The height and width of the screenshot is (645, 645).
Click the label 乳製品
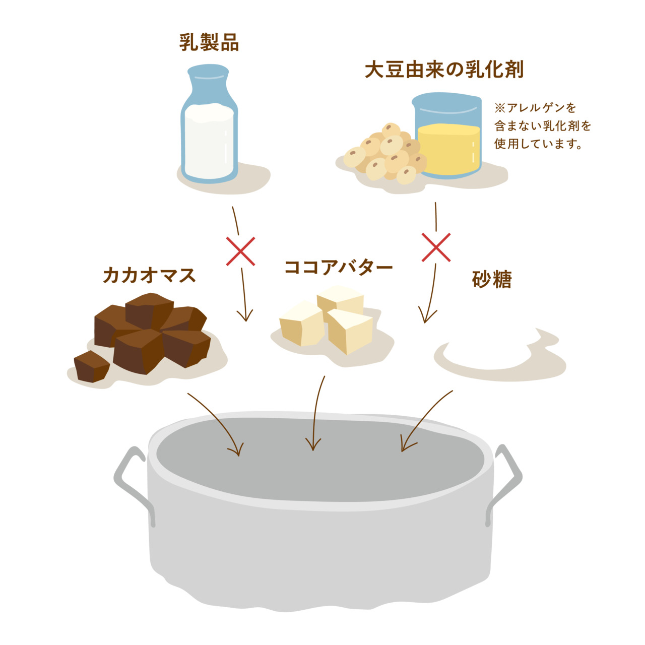point(209,43)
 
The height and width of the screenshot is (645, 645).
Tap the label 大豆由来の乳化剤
point(444,70)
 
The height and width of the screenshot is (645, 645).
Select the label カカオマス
point(149,276)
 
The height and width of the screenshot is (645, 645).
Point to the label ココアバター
point(338,267)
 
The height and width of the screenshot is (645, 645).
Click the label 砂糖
point(492,280)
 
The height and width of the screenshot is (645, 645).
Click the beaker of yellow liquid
point(448,139)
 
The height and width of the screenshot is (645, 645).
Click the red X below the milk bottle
point(240,250)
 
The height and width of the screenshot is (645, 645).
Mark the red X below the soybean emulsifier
point(436,247)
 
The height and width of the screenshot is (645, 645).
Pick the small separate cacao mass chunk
point(91,367)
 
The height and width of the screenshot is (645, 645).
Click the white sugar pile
point(489,348)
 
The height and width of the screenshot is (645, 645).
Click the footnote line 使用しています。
point(538,144)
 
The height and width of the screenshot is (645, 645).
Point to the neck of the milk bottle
point(209,83)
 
